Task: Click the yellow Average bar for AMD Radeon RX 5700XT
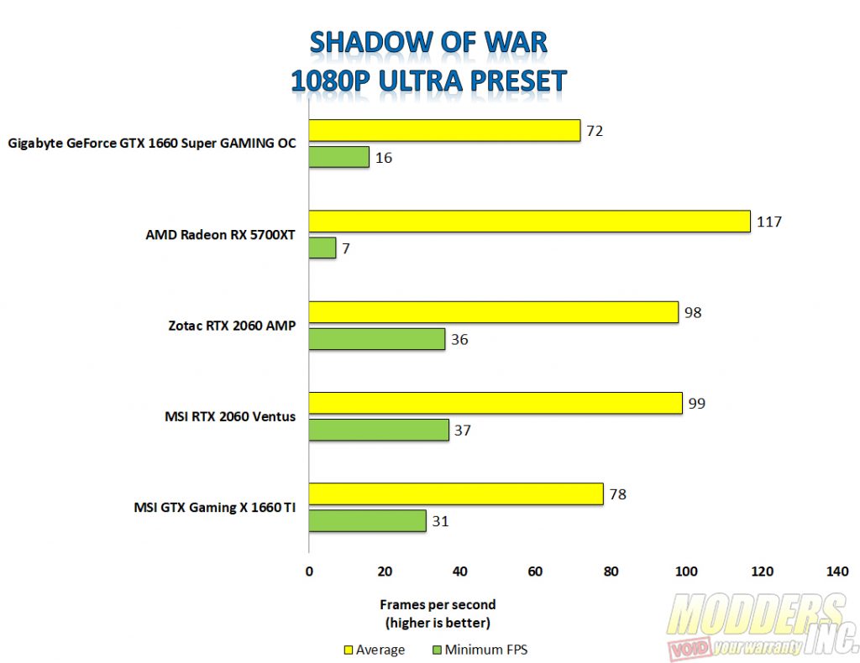pyautogui.click(x=529, y=222)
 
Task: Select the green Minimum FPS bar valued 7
pyautogui.click(x=322, y=248)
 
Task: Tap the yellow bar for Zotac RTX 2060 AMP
pyautogui.click(x=494, y=312)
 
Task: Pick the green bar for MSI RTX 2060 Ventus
pyautogui.click(x=379, y=431)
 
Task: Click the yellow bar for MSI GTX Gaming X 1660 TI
pyautogui.click(x=456, y=493)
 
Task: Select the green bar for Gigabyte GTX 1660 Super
pyautogui.click(x=339, y=157)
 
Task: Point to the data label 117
pyautogui.click(x=769, y=222)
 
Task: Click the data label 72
pyautogui.click(x=595, y=131)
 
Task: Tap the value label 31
pyautogui.click(x=440, y=521)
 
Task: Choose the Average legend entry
pyautogui.click(x=375, y=650)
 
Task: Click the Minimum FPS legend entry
pyautogui.click(x=480, y=650)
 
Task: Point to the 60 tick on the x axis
pyautogui.click(x=535, y=572)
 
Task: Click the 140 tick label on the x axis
pyautogui.click(x=837, y=572)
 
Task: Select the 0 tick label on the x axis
pyautogui.click(x=309, y=572)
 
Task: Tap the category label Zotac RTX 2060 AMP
pyautogui.click(x=232, y=326)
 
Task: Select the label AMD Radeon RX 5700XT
pyautogui.click(x=220, y=234)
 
